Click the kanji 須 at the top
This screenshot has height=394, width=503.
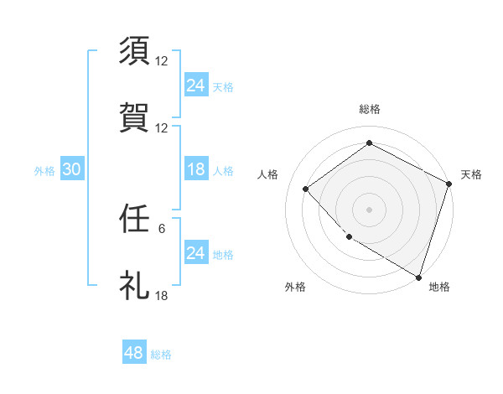coord(136,51)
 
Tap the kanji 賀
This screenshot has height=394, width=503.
coord(136,117)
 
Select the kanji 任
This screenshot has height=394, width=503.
coord(136,220)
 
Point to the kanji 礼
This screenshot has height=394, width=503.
coord(136,285)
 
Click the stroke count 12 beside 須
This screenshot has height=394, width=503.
coord(163,61)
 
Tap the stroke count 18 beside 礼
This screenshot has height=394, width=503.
coord(163,296)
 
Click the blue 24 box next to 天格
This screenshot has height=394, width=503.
coord(195,86)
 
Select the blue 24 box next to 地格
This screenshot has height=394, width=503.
coord(195,252)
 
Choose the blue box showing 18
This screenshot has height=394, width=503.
coord(195,169)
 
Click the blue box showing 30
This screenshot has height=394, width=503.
coord(71,169)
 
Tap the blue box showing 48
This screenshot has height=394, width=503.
coord(134,353)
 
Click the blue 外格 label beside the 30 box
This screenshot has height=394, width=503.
coord(44,171)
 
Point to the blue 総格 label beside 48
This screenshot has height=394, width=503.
coord(161,355)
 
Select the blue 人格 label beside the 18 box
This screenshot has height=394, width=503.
coord(223,171)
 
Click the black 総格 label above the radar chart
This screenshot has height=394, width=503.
coord(369,109)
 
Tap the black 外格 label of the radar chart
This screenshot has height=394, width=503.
coord(295,287)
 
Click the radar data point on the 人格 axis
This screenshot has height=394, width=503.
coord(307,189)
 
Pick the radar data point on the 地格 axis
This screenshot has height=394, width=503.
coord(418,277)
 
